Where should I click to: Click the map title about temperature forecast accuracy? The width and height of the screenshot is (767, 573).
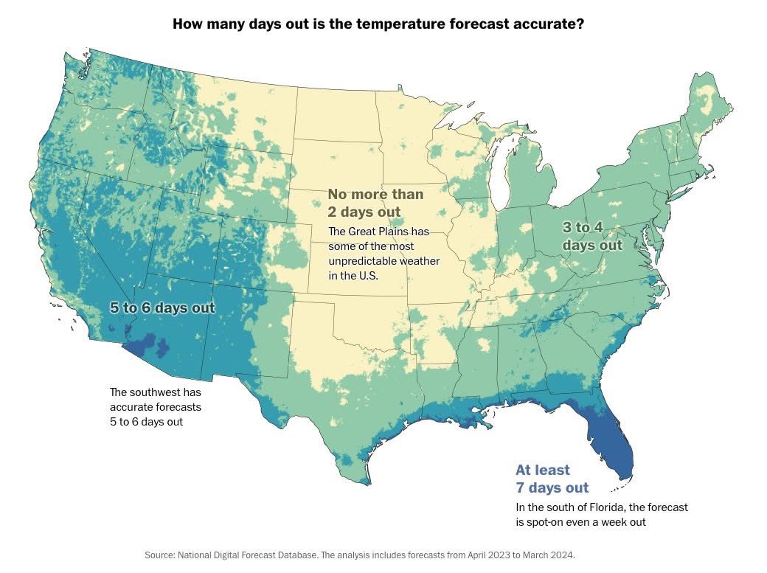(x=378, y=24)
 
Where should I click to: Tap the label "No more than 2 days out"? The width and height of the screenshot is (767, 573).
(x=375, y=203)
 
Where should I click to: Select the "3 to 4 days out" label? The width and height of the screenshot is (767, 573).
(x=592, y=236)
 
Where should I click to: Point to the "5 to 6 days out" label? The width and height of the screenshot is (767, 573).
(x=162, y=308)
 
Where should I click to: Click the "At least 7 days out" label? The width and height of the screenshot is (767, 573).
(x=552, y=479)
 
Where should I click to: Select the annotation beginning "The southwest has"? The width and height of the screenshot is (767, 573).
(x=156, y=406)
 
